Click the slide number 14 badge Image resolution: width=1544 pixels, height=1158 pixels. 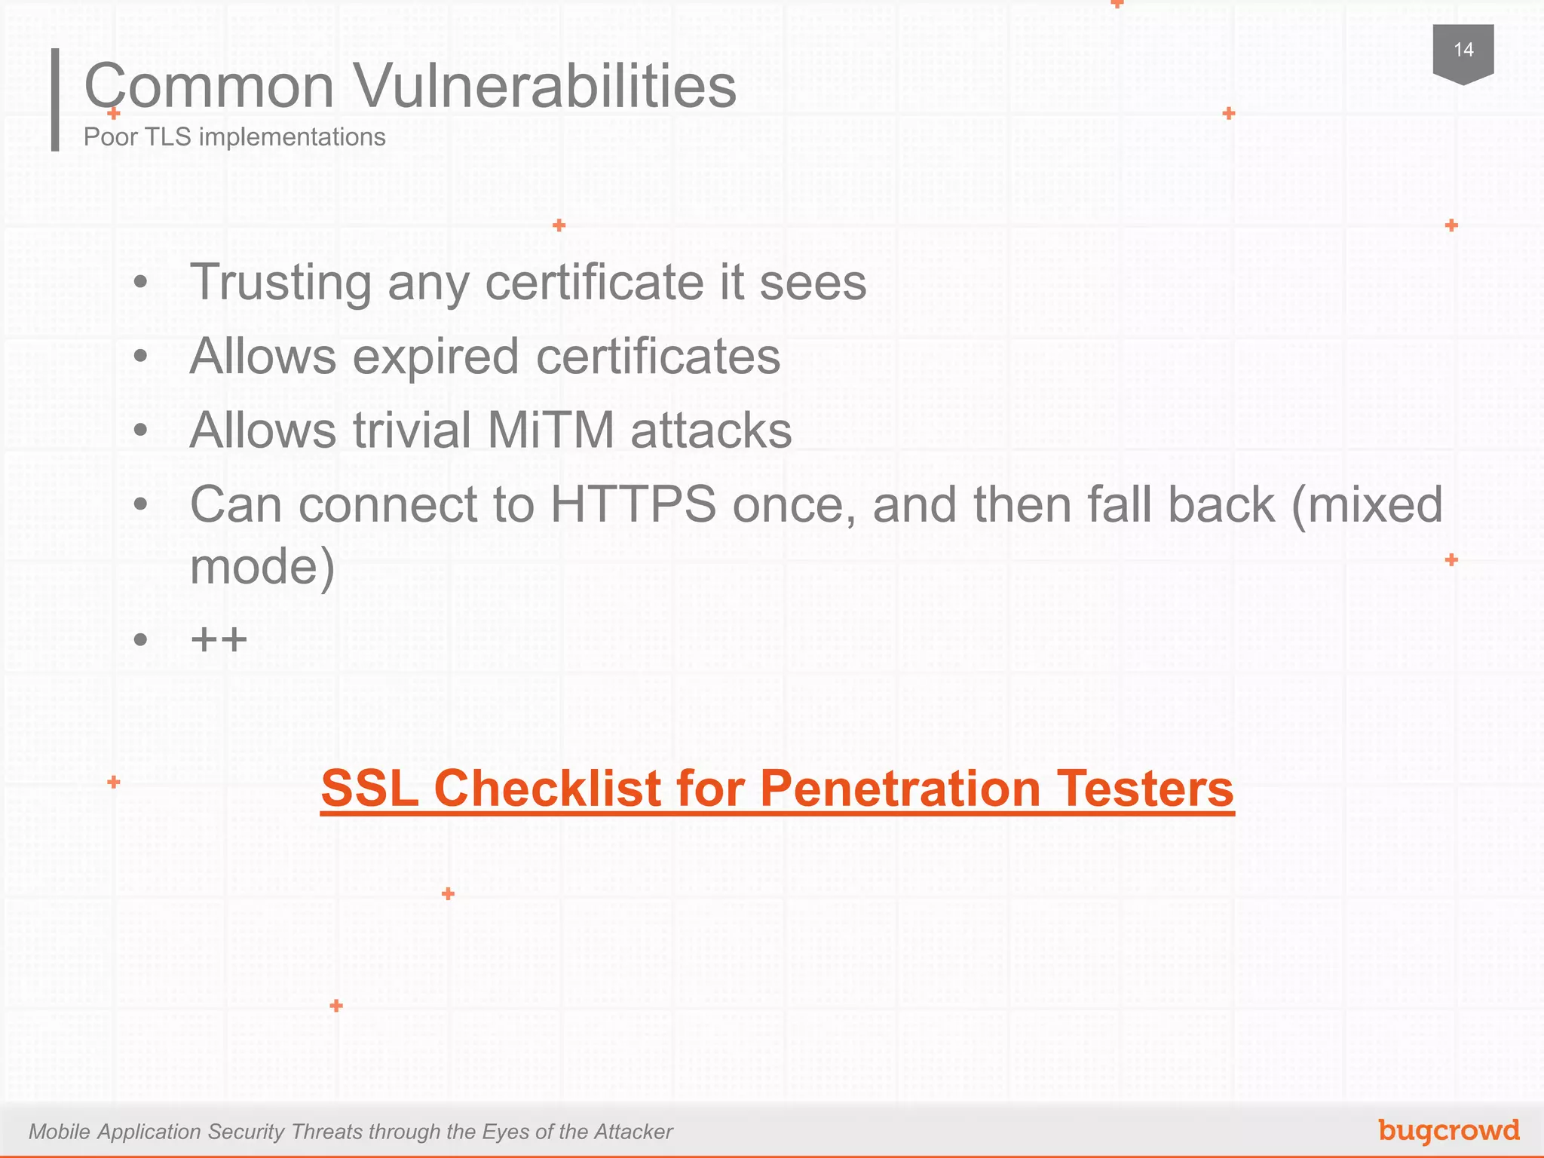1463,51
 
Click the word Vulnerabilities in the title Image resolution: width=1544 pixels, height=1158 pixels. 545,86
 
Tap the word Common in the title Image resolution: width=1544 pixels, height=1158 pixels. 209,86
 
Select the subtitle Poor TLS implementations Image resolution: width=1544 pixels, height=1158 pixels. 234,137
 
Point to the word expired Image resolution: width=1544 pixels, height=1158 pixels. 436,357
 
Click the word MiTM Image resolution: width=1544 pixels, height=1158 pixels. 551,430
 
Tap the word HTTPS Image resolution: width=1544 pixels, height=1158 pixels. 633,504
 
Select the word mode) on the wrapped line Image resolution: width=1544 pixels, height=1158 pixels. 262,567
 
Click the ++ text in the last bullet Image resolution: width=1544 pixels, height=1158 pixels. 219,640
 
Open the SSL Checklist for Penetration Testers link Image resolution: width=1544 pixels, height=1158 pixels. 777,789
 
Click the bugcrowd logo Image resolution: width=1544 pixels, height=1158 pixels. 1448,1130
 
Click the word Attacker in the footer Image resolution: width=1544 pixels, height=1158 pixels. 632,1132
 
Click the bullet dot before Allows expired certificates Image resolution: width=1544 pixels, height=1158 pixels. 140,356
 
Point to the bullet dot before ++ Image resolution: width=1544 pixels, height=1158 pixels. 140,640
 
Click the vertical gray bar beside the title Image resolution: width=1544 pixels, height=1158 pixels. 55,100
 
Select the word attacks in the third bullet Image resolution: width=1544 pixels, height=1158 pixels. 711,430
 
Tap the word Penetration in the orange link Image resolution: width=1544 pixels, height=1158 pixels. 900,789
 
